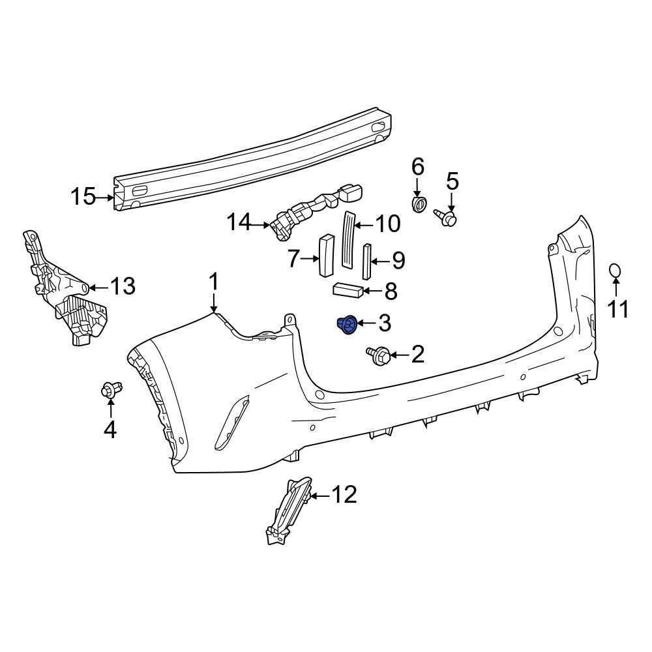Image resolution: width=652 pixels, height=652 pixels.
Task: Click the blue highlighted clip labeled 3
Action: pos(348,323)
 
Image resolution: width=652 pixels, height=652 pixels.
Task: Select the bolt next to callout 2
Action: pos(379,355)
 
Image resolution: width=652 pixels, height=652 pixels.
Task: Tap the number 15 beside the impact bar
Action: pos(83,196)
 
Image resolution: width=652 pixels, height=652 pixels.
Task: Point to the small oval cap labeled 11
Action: pos(615,272)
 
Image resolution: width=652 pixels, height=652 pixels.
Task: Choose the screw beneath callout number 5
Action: pos(446,218)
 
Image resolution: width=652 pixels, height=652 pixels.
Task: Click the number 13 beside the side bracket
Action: pos(122,286)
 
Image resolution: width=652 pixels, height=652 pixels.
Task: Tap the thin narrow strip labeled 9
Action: pos(366,261)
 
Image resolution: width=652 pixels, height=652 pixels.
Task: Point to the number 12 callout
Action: pos(344,496)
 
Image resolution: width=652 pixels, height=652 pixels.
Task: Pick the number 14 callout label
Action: pos(239,223)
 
